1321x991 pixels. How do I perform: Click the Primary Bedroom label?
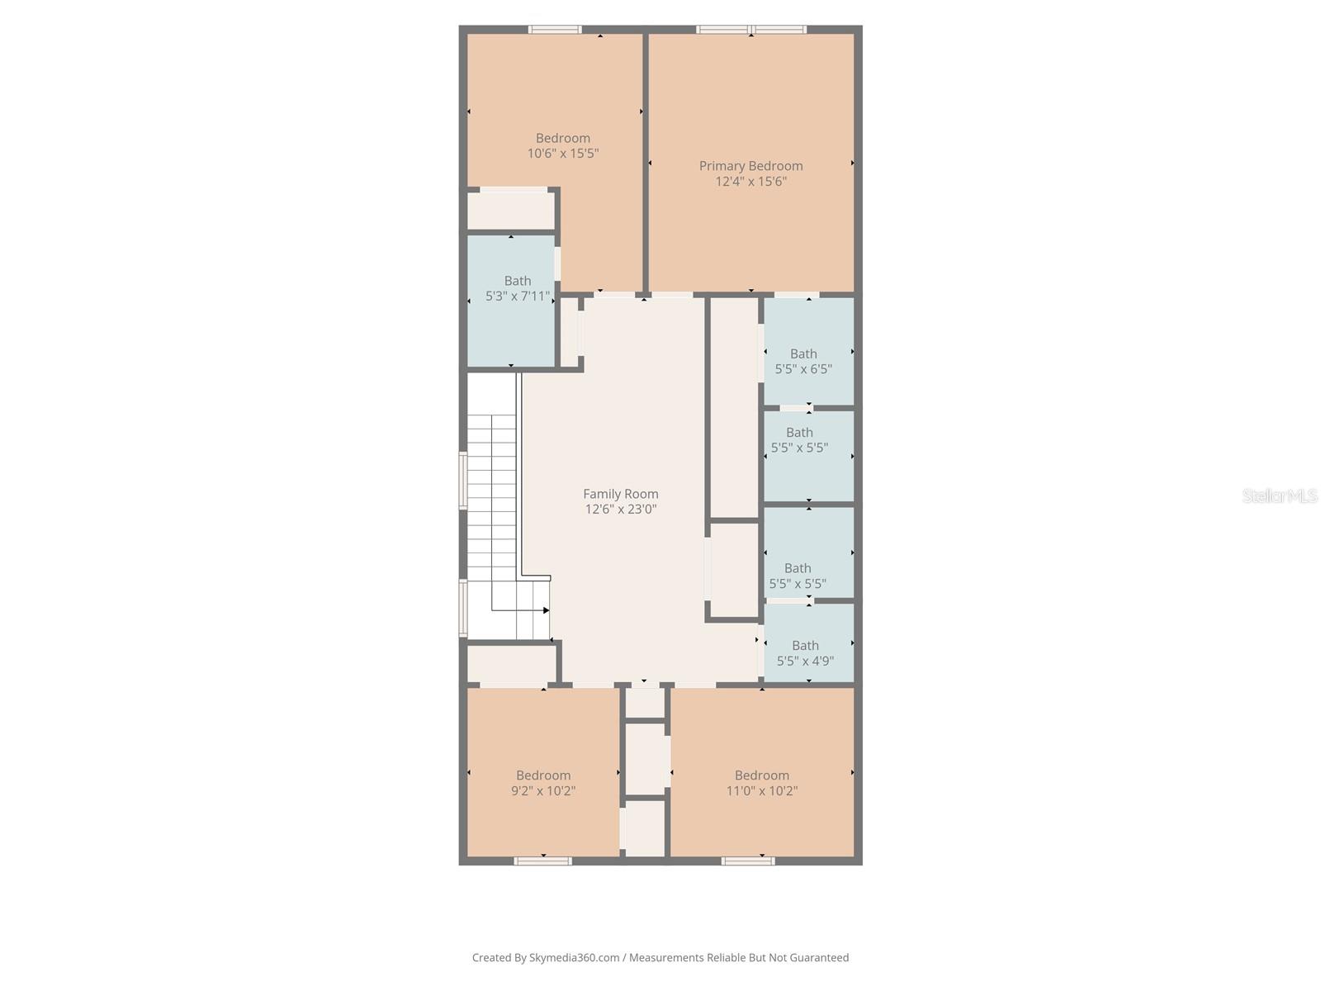coord(750,166)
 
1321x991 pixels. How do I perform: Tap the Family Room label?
coord(621,494)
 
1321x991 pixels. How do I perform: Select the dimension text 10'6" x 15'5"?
coord(563,154)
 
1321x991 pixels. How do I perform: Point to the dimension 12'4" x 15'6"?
coord(750,182)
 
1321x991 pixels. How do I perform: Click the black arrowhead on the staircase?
coord(546,610)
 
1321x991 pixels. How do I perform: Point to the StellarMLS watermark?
coord(1280,495)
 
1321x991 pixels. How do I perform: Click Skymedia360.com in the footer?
coord(574,957)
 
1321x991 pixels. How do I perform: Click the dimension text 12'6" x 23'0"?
coord(621,509)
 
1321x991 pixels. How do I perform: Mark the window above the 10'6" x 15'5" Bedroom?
coord(555,30)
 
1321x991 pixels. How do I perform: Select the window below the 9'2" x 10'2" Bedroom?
coord(542,861)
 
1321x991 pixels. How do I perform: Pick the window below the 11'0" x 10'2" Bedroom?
coord(748,861)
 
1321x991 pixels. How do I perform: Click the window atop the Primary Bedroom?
coord(751,30)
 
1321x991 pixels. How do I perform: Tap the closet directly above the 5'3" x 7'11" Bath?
coord(511,210)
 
